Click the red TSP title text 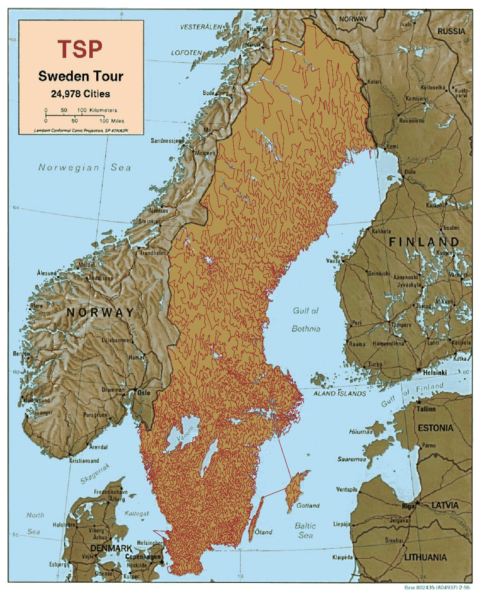(x=80, y=49)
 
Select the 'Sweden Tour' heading (x=80, y=76)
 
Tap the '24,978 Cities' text (x=80, y=94)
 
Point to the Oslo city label (x=144, y=393)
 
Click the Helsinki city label (x=434, y=373)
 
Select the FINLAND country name (x=424, y=242)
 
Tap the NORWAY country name (x=100, y=312)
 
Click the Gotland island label (x=308, y=505)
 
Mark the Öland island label (x=263, y=532)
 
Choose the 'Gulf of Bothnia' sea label (x=306, y=319)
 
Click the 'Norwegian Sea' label (x=84, y=167)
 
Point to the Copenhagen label (x=143, y=557)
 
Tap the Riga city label (x=408, y=506)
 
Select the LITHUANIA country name (x=425, y=557)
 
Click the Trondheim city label (x=152, y=253)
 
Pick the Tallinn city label (x=426, y=409)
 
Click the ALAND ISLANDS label (x=339, y=393)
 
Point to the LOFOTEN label (x=186, y=53)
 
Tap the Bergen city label (x=21, y=353)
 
